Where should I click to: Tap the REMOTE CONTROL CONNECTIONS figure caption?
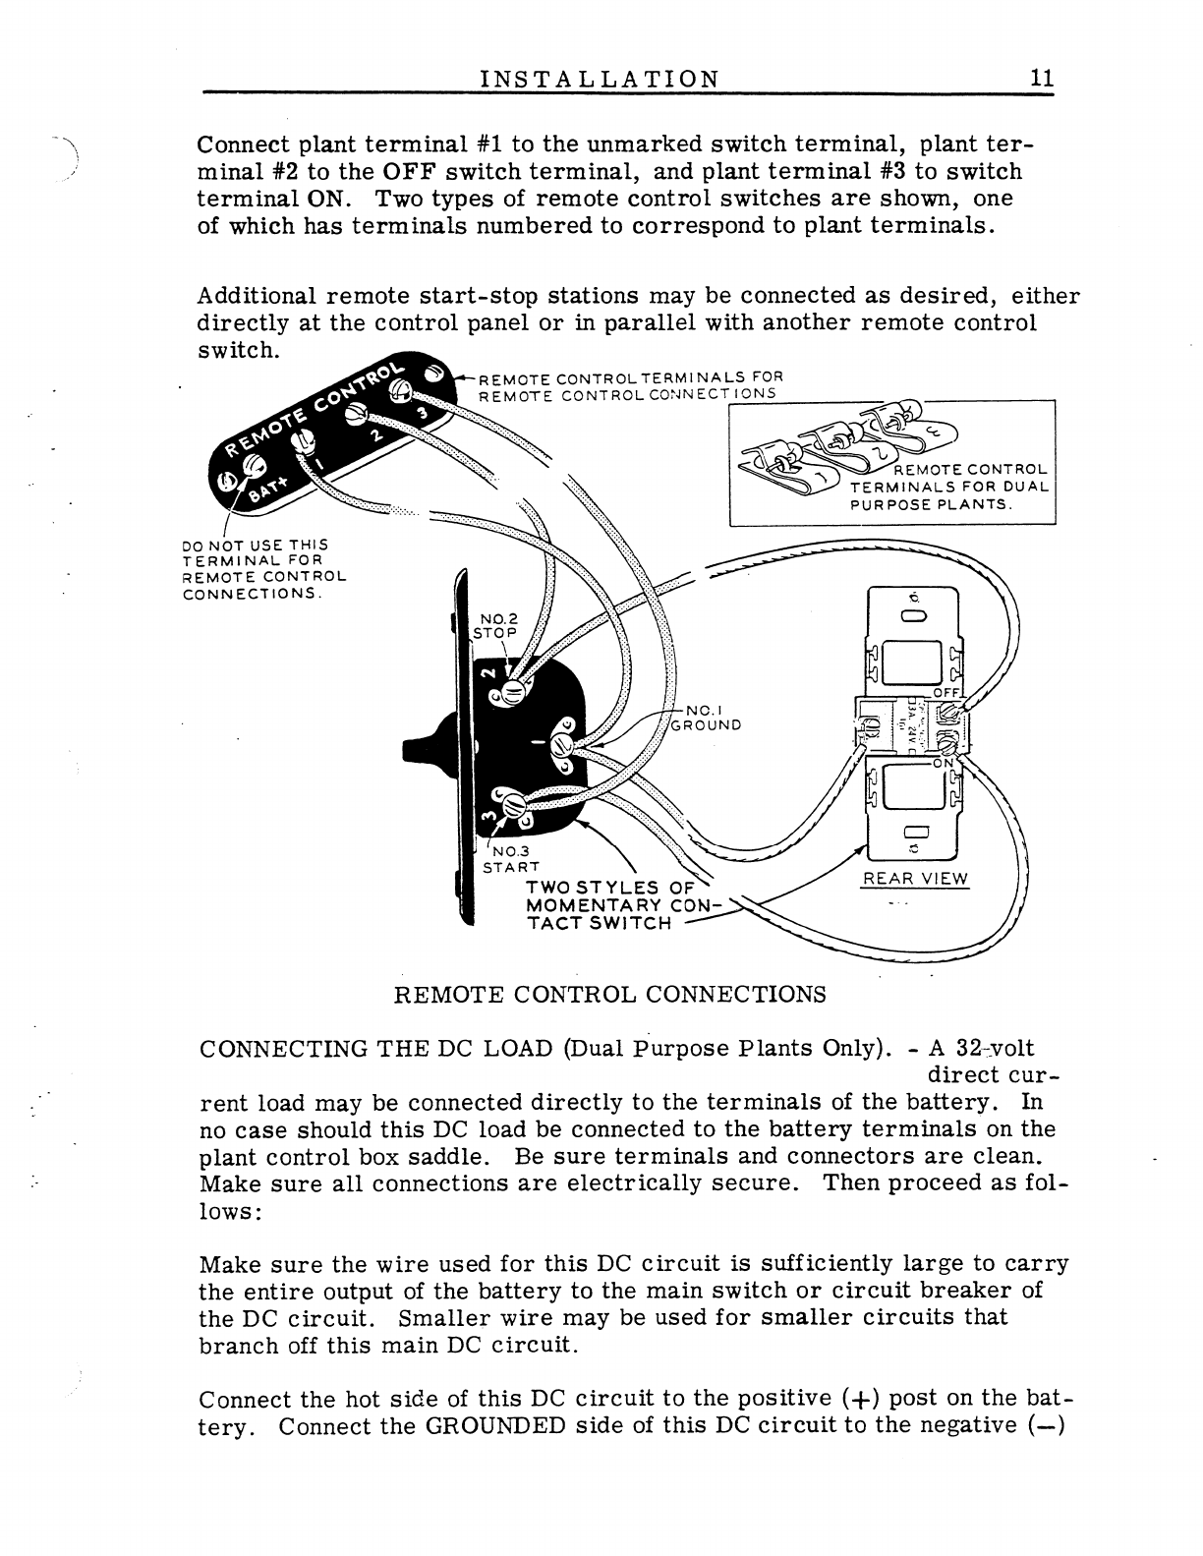(x=609, y=994)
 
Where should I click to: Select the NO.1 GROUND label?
(x=705, y=718)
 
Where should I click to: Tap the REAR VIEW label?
(x=914, y=879)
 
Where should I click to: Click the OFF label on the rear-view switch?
(x=945, y=693)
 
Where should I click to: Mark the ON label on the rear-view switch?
(x=944, y=763)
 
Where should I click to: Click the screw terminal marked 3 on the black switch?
(x=512, y=804)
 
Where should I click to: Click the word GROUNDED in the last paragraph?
(x=495, y=1426)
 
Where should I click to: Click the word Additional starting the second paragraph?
(x=257, y=296)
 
